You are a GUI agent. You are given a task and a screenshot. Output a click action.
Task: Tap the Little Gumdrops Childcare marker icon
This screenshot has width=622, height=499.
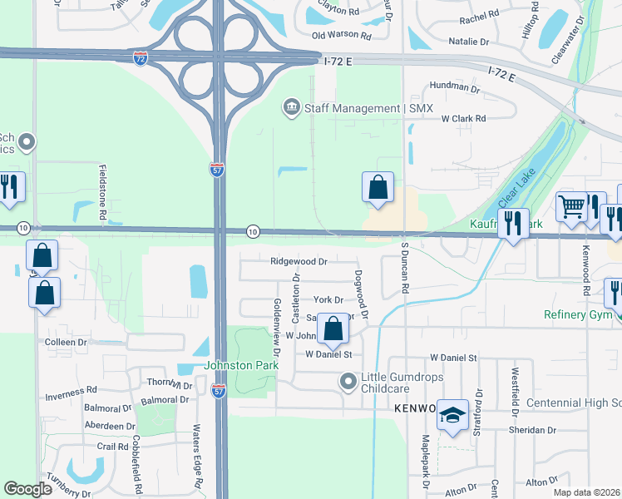[348, 382]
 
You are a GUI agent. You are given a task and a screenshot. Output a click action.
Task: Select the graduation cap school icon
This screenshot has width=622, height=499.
[453, 417]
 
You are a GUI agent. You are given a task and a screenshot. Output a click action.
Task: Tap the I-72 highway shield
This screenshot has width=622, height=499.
[141, 58]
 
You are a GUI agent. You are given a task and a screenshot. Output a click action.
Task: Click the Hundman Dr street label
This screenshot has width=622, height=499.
[454, 87]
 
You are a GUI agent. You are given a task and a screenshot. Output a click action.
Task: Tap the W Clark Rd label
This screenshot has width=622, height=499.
[463, 119]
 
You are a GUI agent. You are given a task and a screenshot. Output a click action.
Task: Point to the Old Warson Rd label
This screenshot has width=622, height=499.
[341, 35]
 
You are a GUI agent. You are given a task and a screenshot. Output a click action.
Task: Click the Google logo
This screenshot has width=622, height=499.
[28, 488]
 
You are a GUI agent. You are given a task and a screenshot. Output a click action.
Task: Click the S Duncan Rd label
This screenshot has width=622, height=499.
[405, 267]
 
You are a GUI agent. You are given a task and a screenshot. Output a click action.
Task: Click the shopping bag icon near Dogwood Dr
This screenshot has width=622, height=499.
[333, 329]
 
